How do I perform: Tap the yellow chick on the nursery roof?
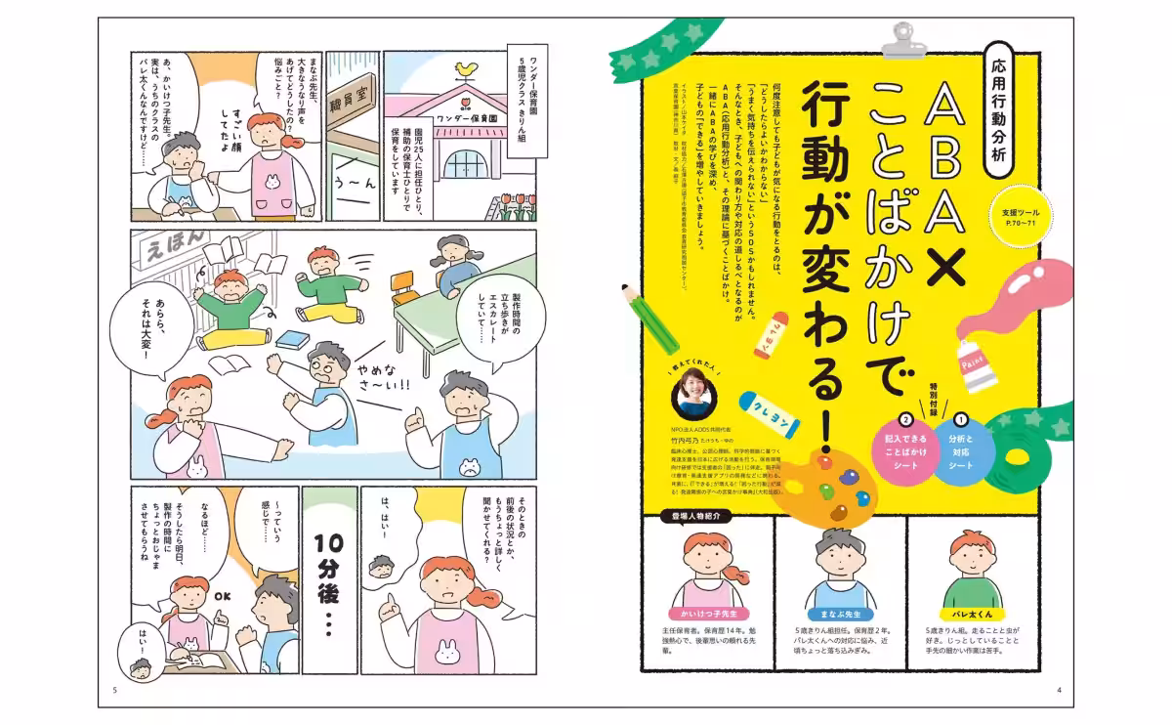coord(467,69)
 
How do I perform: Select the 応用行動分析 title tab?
coord(1006,97)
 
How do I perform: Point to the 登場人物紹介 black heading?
coord(697,516)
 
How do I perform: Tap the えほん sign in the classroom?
coord(174,252)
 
